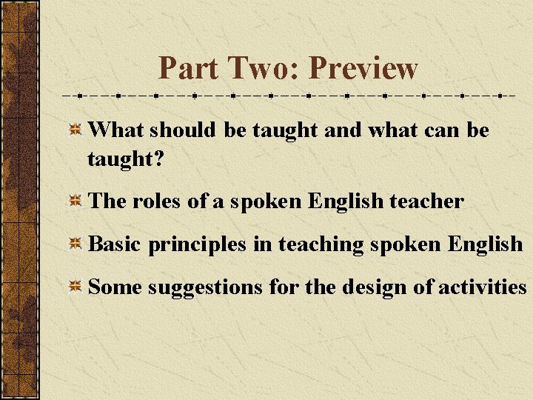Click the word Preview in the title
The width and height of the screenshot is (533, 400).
pos(363,68)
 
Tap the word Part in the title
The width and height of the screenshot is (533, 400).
pos(188,68)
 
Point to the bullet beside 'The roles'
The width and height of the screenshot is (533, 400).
pos(75,201)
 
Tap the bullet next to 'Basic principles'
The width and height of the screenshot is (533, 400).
pos(75,245)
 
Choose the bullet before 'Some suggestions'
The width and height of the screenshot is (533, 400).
pos(75,287)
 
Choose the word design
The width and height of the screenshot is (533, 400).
pos(374,287)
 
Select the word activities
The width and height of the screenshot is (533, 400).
pos(482,287)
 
